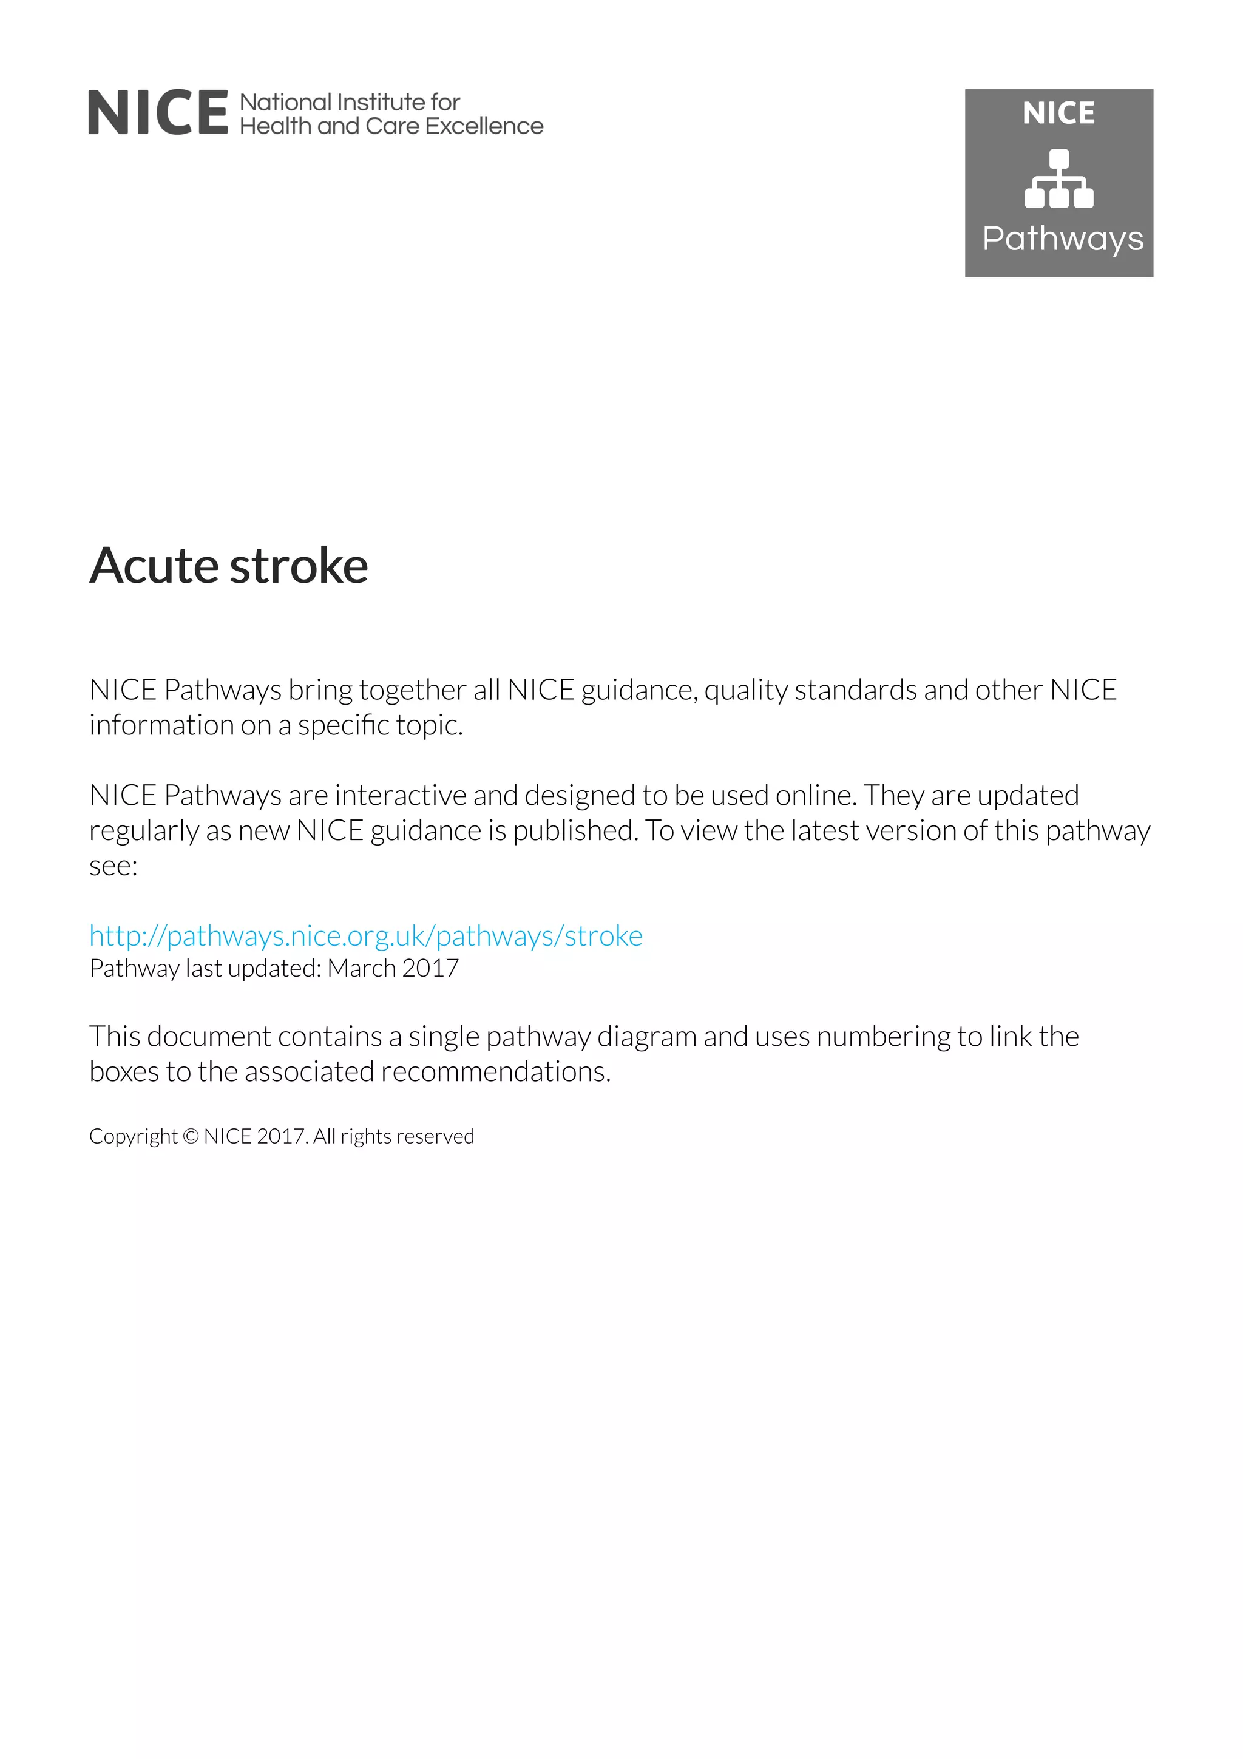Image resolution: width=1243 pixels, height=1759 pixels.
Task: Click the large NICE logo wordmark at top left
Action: [x=158, y=113]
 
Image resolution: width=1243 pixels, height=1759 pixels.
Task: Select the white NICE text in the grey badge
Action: [x=1058, y=114]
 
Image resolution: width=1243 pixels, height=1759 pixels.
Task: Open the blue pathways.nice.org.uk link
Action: [x=365, y=935]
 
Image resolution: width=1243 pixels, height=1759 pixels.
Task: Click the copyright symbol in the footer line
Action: [x=191, y=1136]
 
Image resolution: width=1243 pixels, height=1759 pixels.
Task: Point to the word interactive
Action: [x=401, y=795]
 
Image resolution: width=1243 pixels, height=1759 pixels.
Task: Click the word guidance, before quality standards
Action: [x=638, y=690]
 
